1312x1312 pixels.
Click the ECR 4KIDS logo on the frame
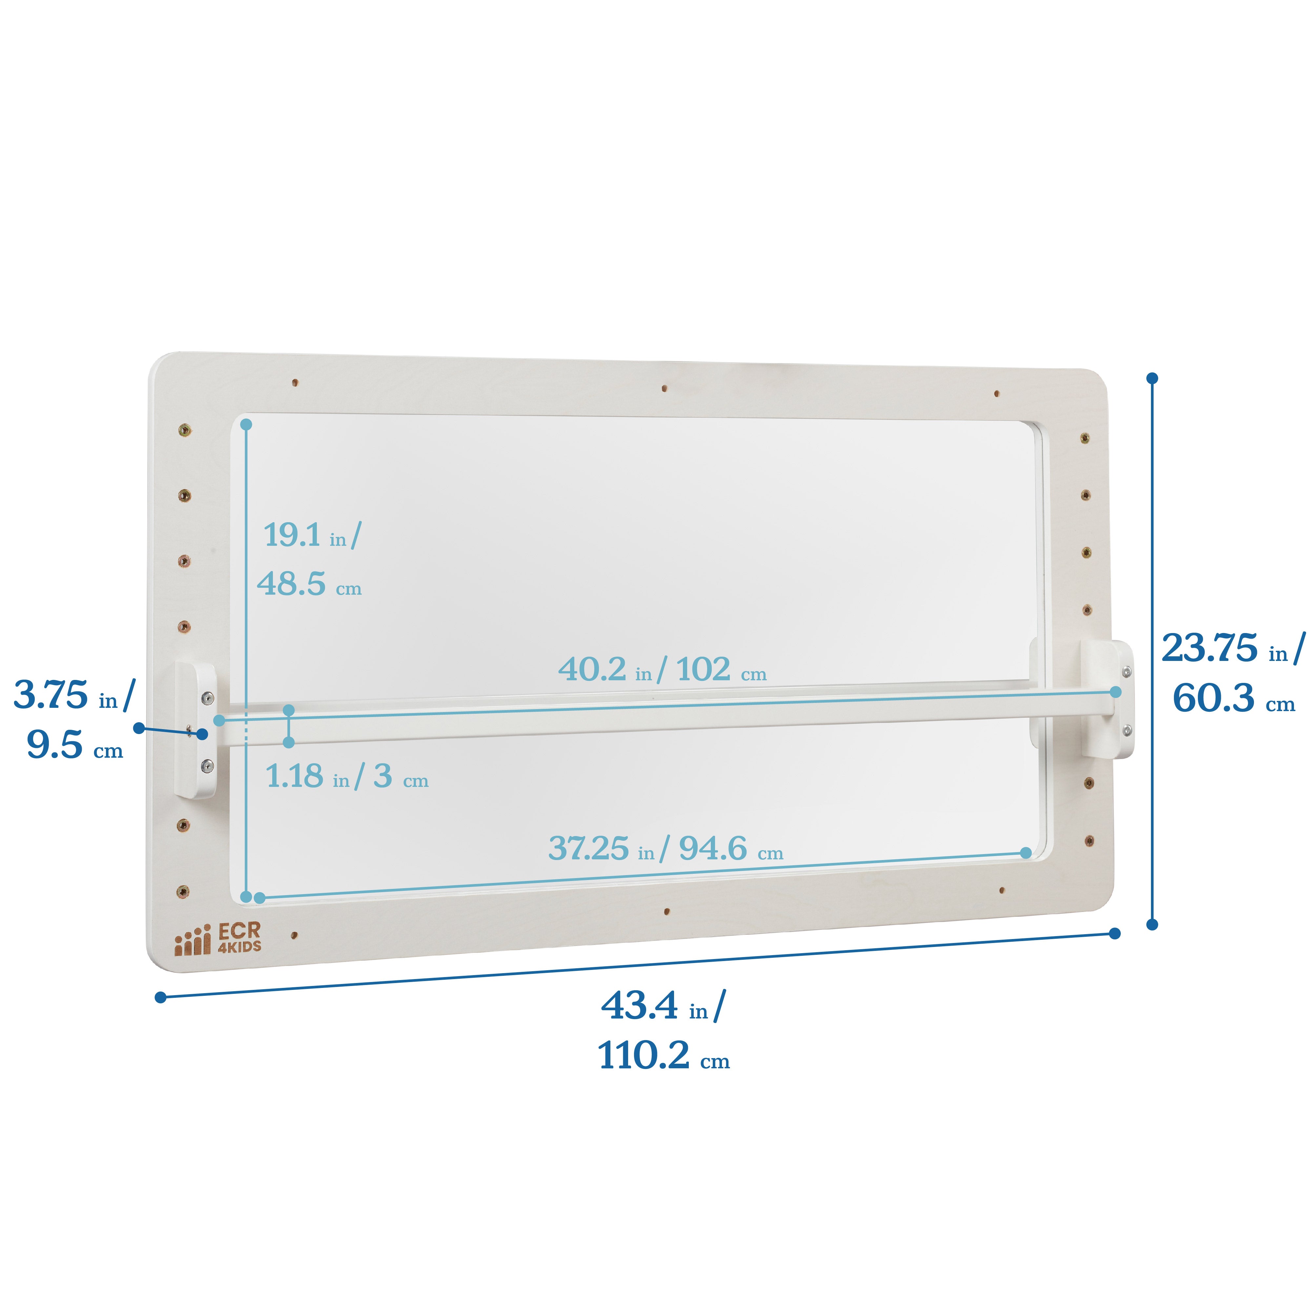217,938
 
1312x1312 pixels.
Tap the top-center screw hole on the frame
664,388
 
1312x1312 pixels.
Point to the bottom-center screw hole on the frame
667,911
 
